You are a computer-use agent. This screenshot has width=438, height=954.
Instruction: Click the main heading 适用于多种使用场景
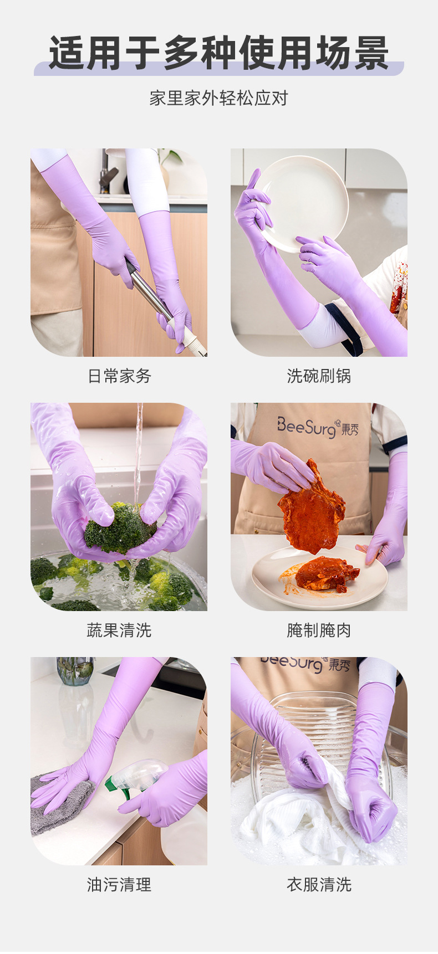tap(218, 54)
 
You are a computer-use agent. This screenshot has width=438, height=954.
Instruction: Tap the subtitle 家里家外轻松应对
tap(218, 99)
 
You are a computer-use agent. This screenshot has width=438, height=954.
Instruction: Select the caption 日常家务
tap(119, 376)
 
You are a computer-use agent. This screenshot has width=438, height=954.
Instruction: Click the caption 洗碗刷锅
tap(319, 376)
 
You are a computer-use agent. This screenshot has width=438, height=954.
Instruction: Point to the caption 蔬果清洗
tap(119, 630)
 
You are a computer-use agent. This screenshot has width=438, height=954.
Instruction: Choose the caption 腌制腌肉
tap(319, 630)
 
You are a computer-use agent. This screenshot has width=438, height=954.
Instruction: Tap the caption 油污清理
tap(119, 885)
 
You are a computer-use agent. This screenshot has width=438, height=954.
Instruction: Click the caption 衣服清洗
tap(319, 885)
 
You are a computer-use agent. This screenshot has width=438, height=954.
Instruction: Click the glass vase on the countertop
tap(75, 671)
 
